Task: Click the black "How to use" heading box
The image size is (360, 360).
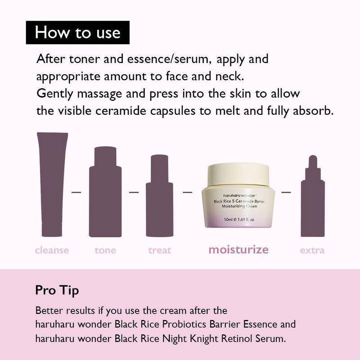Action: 77,32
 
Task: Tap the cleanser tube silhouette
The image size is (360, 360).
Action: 52,184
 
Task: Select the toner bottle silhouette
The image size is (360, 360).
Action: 105,192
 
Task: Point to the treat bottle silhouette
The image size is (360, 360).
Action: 160,196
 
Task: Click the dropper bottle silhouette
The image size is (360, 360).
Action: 313,196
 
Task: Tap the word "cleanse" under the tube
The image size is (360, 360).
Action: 52,250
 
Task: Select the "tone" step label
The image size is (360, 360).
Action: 105,250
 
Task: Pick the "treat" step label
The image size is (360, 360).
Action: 160,250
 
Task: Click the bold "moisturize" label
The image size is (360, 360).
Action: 238,250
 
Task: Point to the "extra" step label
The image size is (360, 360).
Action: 312,250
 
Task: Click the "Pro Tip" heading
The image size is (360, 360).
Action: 57,291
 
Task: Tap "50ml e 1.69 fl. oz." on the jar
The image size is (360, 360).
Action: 239,220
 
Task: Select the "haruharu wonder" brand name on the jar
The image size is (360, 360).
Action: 239,196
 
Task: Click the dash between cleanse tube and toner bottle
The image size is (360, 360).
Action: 76,192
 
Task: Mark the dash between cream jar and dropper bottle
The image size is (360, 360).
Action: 286,192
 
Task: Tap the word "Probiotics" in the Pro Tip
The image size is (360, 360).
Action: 184,324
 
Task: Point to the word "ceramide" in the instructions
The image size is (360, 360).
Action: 121,111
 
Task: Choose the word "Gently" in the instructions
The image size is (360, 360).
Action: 55,94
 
